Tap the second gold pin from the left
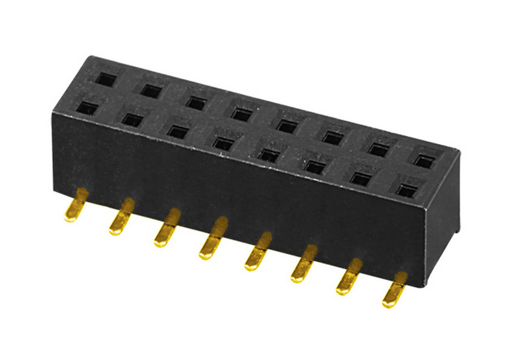click(121, 217)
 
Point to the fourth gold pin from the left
click(212, 239)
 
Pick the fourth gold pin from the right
click(258, 251)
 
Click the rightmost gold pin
click(394, 289)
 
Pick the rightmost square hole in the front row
click(406, 189)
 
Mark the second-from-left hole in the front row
click(131, 119)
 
